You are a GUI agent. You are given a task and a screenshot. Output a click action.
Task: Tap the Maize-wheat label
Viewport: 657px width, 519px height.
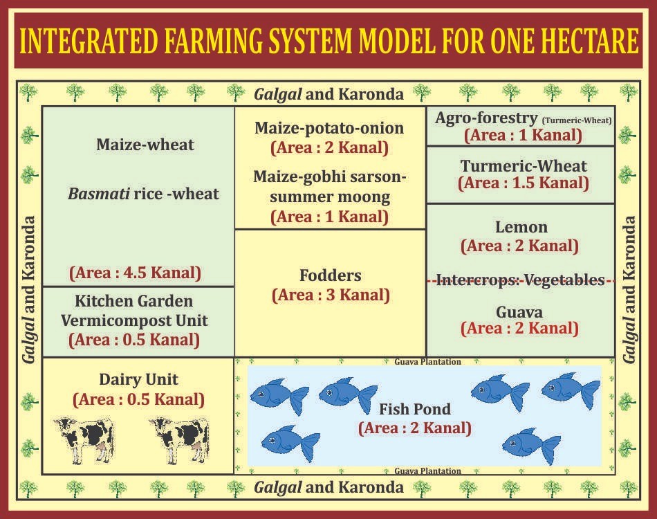coord(145,145)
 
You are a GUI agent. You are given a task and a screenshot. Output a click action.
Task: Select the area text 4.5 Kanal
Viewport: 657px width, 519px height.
coord(135,273)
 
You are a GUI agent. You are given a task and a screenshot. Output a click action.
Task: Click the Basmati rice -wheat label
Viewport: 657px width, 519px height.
coord(143,194)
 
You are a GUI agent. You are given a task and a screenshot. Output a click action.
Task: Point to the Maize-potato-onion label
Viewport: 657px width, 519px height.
coord(329,128)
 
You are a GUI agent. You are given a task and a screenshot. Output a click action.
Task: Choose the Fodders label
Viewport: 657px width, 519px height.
coord(330,275)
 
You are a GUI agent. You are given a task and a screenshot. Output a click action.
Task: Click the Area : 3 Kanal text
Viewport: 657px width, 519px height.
coord(331,295)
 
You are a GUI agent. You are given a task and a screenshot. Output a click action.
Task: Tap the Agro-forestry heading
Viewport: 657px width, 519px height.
coord(486,118)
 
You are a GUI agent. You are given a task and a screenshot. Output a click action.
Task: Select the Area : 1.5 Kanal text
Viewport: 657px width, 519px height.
coord(524,183)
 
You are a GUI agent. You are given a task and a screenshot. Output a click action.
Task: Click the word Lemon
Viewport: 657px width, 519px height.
coord(521,227)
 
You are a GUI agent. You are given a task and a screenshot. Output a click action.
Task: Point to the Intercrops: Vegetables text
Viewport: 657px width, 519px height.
coord(520,280)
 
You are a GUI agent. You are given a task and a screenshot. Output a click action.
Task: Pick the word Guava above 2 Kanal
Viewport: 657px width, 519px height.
coord(519,312)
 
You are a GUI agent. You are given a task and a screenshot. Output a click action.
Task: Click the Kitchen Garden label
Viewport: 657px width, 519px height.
coord(134,301)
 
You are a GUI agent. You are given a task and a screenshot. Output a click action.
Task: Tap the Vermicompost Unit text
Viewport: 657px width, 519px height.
coord(134,320)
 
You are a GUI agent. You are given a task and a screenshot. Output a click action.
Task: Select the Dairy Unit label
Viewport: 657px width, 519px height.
coord(138,379)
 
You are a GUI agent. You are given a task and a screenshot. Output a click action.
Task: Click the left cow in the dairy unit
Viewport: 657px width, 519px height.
coord(84,440)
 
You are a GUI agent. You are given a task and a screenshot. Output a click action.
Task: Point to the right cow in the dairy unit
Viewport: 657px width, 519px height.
coord(181,440)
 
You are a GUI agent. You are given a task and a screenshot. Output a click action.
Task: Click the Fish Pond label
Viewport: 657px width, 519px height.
coord(415,409)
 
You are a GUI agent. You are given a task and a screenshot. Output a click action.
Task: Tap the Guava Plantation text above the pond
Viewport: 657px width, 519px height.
coord(428,362)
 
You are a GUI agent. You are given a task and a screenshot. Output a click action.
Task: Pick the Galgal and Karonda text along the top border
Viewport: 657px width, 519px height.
coord(329,95)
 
